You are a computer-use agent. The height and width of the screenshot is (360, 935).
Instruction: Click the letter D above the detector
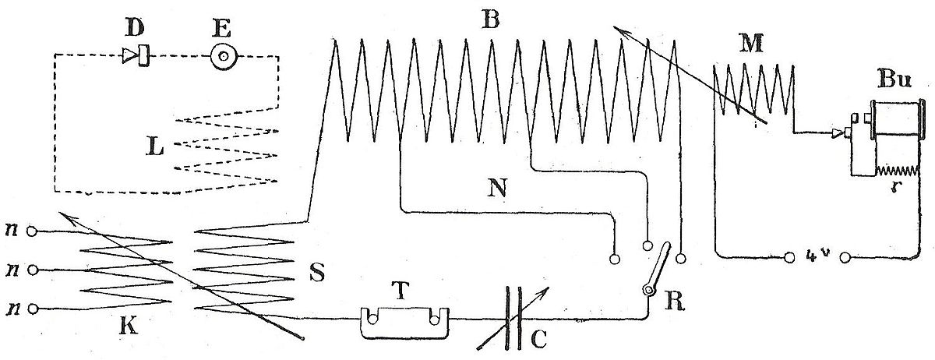pyautogui.click(x=135, y=27)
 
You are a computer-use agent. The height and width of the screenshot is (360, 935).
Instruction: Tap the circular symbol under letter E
pyautogui.click(x=224, y=56)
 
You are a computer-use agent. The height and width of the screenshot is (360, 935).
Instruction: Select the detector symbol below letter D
pyautogui.click(x=136, y=55)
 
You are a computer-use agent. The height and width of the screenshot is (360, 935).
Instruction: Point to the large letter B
pyautogui.click(x=490, y=19)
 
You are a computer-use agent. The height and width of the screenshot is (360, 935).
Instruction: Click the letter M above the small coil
pyautogui.click(x=751, y=44)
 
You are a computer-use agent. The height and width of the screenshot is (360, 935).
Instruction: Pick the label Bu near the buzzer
pyautogui.click(x=894, y=79)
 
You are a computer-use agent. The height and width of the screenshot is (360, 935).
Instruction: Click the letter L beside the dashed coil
pyautogui.click(x=154, y=146)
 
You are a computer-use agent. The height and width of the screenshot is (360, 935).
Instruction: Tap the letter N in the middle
pyautogui.click(x=497, y=188)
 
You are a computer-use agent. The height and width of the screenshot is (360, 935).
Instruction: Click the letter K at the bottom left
pyautogui.click(x=129, y=326)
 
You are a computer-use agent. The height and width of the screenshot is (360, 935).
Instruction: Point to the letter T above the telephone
pyautogui.click(x=400, y=290)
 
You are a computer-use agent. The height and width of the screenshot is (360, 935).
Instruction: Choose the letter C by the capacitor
pyautogui.click(x=538, y=339)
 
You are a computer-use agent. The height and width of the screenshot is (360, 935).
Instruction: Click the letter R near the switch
pyautogui.click(x=675, y=302)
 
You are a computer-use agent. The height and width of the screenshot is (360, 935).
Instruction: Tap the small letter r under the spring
pyautogui.click(x=893, y=188)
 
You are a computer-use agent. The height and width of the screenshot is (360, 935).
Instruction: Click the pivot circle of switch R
pyautogui.click(x=647, y=290)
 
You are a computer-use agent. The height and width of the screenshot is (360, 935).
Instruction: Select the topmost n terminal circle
pyautogui.click(x=32, y=231)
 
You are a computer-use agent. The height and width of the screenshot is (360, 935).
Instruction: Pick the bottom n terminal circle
pyautogui.click(x=33, y=309)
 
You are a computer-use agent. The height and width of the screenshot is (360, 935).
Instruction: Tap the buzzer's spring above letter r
pyautogui.click(x=897, y=171)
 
